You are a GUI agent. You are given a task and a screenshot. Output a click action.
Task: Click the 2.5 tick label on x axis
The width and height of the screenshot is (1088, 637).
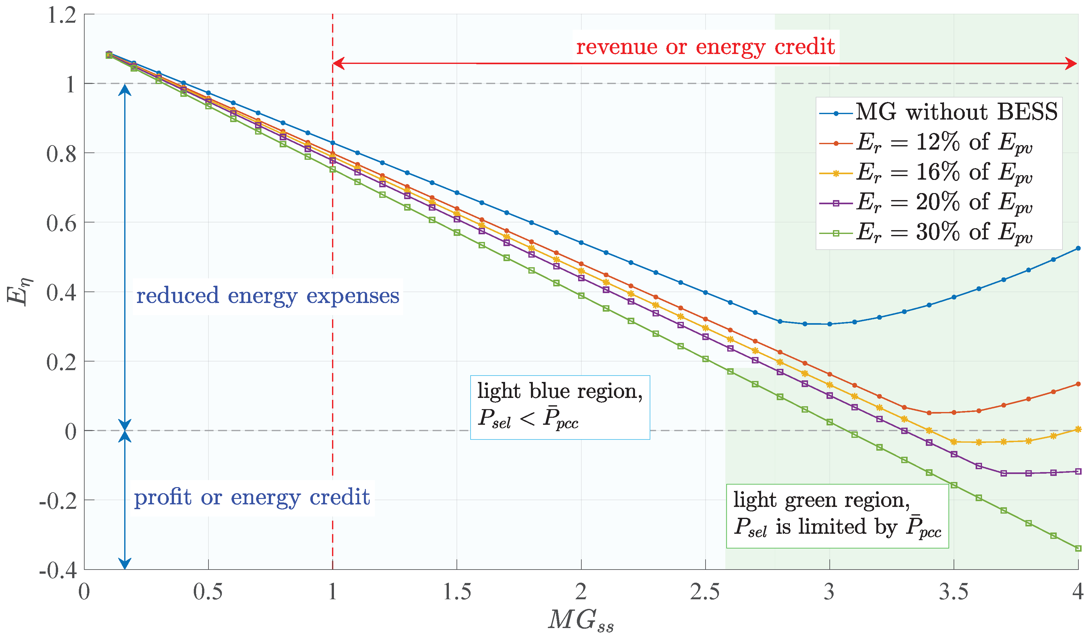tap(705, 592)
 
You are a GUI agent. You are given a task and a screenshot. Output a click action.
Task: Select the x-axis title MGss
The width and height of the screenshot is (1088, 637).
tap(581, 621)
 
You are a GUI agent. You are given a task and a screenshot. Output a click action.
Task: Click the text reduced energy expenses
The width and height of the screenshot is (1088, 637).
tap(268, 296)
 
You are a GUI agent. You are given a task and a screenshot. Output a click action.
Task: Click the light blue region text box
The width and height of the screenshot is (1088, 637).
tap(560, 407)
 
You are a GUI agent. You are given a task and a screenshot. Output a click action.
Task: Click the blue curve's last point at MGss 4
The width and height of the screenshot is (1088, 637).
tap(1078, 248)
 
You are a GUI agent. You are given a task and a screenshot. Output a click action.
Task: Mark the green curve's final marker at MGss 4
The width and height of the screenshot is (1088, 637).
tap(1078, 548)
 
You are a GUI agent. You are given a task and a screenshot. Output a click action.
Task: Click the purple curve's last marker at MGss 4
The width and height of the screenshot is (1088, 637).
tap(1078, 471)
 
